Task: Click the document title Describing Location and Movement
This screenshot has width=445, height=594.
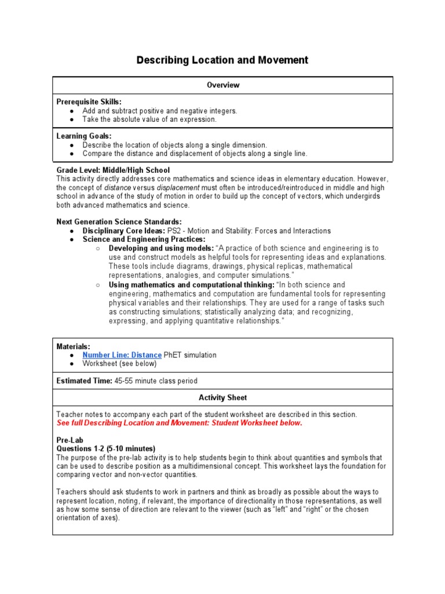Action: (222, 60)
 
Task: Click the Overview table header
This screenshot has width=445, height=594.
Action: (223, 85)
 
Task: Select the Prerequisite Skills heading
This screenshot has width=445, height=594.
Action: (89, 102)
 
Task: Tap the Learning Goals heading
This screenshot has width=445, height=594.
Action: (84, 136)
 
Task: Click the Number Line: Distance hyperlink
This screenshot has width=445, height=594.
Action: (122, 355)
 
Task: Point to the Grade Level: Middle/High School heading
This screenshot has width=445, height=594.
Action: (113, 170)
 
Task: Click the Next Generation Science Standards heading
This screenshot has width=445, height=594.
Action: (119, 222)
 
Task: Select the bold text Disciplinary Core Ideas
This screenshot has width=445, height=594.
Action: (123, 230)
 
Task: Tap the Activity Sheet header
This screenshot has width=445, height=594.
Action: (222, 398)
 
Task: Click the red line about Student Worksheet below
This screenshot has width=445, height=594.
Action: (179, 423)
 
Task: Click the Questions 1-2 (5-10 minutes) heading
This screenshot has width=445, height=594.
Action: (105, 448)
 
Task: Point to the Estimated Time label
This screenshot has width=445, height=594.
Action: (84, 381)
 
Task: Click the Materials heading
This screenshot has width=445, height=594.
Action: (73, 346)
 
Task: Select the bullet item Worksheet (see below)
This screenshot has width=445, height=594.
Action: (119, 364)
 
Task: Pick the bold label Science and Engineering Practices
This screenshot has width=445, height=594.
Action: (144, 239)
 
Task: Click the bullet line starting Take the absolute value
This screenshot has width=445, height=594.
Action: (149, 119)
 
